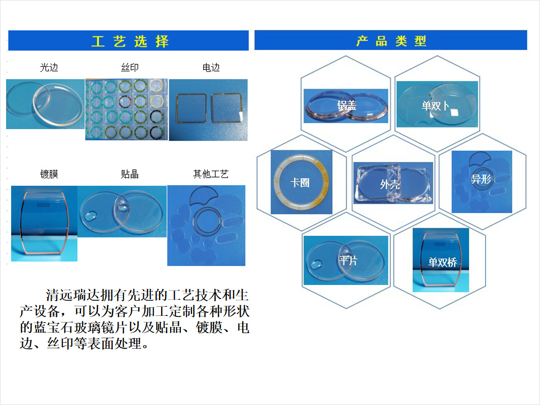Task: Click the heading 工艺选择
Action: click(130, 41)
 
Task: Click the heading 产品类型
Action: click(391, 41)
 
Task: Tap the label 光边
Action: click(49, 67)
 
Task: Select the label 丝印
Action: click(130, 67)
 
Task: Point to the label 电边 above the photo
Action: click(211, 67)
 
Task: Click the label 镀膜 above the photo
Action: click(49, 174)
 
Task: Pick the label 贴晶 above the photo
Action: click(130, 174)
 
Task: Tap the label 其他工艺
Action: click(211, 174)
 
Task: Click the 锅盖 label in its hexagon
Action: click(347, 105)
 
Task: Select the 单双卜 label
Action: click(435, 106)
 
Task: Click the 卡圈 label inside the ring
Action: click(300, 182)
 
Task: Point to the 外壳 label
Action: click(390, 184)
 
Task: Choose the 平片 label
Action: click(348, 261)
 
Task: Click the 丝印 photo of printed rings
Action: click(126, 109)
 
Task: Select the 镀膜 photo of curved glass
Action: click(44, 223)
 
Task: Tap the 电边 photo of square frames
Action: click(208, 110)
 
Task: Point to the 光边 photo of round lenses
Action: click(45, 104)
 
